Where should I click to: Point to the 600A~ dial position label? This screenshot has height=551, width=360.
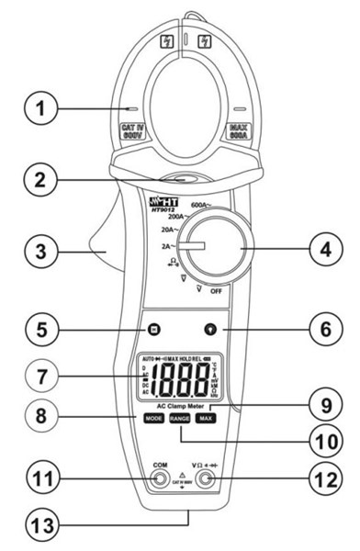[x=205, y=206]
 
